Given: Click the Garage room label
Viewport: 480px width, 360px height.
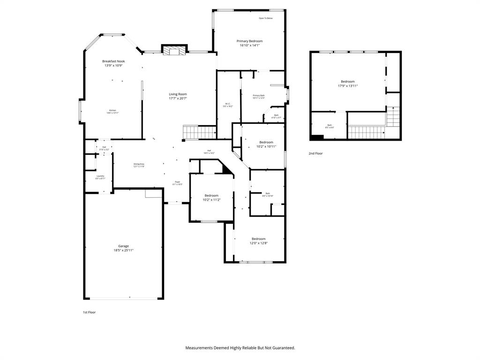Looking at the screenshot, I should click(x=123, y=246).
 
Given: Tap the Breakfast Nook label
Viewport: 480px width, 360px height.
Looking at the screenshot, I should click(x=113, y=61).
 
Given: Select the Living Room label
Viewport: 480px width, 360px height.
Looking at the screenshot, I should click(x=178, y=94).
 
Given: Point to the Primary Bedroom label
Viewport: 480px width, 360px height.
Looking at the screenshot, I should click(x=249, y=41).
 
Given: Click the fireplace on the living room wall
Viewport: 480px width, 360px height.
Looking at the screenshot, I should click(x=174, y=50).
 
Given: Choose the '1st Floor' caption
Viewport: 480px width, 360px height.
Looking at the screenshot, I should click(x=89, y=312).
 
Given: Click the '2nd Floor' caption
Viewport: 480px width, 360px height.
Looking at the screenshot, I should click(x=315, y=153).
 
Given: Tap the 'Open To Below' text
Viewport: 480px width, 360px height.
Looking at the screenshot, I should click(x=265, y=18).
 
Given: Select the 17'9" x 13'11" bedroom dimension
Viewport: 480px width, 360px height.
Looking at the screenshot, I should click(x=347, y=86).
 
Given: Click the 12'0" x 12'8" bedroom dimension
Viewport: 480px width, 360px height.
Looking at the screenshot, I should click(x=258, y=243).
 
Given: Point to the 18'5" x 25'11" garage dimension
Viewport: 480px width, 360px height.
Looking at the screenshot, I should click(x=123, y=250).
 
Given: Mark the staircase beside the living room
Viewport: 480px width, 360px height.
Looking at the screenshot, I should click(x=199, y=132).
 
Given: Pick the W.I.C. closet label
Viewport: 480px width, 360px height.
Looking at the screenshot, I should click(x=227, y=104).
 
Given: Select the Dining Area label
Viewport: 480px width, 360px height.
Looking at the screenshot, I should click(x=139, y=164).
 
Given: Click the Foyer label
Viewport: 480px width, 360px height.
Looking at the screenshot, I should click(x=178, y=182).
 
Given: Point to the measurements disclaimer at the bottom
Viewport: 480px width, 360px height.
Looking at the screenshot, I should click(x=240, y=348).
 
